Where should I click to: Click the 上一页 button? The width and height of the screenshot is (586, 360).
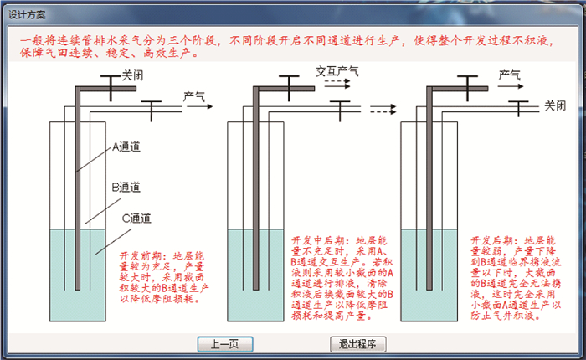(224, 343)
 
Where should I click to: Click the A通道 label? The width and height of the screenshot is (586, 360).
(126, 147)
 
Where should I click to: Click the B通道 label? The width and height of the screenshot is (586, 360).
(126, 186)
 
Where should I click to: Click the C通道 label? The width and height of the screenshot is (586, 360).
(136, 219)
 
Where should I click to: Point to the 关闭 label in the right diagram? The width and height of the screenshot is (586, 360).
(555, 105)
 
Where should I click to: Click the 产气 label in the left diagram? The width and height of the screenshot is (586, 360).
(194, 96)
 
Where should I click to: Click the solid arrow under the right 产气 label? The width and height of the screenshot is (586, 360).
(508, 85)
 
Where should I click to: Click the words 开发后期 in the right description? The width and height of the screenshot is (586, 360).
(493, 239)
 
